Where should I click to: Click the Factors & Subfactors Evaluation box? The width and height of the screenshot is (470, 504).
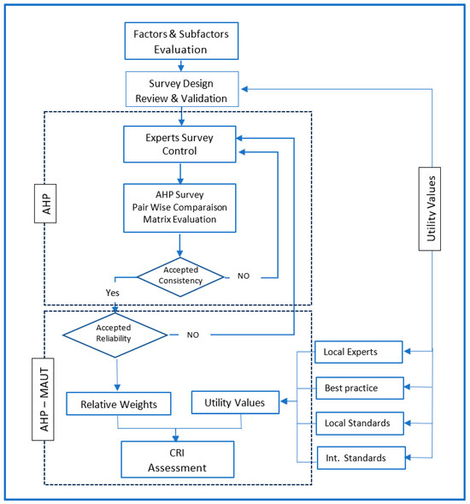tap(181, 41)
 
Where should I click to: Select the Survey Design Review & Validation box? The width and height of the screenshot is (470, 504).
tap(182, 89)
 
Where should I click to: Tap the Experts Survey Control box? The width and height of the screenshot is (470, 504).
tap(179, 144)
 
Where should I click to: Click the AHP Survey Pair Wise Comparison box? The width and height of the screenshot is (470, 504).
tap(179, 208)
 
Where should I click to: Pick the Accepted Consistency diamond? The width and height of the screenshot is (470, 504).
tap(180, 276)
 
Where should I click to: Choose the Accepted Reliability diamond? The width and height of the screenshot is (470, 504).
tap(115, 335)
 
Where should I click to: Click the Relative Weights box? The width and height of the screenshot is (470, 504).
tap(119, 404)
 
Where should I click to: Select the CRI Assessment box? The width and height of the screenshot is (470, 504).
tap(178, 460)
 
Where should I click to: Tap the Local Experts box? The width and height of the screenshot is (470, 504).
tap(359, 352)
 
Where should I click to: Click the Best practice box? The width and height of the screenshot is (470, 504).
tap(360, 388)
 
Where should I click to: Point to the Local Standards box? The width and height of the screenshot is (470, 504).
tap(360, 424)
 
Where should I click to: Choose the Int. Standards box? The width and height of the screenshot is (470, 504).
tap(361, 458)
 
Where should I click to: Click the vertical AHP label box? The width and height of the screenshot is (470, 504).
tap(45, 204)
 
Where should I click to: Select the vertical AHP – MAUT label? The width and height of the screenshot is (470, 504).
tap(43, 400)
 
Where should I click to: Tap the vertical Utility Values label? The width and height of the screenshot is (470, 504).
tap(430, 209)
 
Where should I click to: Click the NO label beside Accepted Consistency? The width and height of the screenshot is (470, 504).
tap(244, 276)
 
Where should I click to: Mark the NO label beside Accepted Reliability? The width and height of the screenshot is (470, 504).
tap(193, 335)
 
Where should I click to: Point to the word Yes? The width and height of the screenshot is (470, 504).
tap(112, 293)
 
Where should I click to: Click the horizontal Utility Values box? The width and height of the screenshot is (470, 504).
tap(235, 402)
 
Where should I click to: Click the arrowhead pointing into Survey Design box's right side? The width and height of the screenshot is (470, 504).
tap(244, 89)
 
